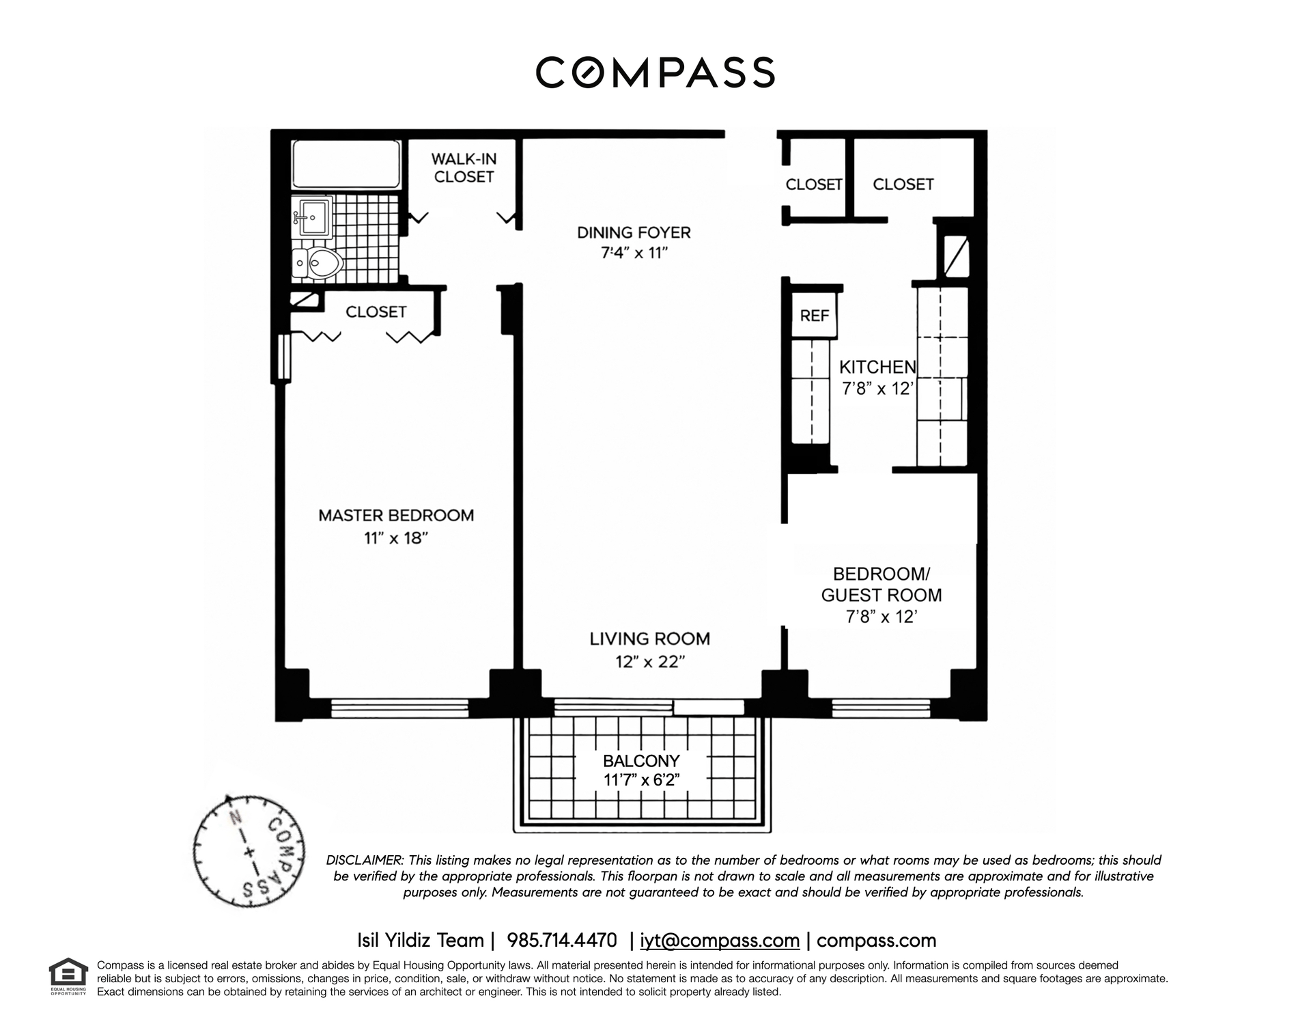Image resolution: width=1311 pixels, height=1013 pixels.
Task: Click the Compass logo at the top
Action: tap(655, 72)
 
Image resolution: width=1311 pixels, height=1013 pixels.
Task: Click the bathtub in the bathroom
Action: tap(346, 164)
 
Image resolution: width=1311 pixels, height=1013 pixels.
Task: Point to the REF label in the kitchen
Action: tap(815, 316)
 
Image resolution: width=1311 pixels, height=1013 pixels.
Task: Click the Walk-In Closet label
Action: tap(464, 167)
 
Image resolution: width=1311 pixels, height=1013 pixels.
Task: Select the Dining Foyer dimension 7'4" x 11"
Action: tap(634, 253)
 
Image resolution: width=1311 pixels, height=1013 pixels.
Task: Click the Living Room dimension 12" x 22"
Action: tap(649, 661)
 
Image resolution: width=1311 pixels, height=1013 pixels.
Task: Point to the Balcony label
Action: tap(641, 761)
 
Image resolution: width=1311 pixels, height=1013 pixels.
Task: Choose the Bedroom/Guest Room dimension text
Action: tap(881, 617)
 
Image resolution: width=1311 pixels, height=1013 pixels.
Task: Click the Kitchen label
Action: tap(877, 367)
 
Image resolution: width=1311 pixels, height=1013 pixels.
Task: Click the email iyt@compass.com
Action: tap(720, 941)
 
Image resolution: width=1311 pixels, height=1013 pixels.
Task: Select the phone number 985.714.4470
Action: tap(562, 941)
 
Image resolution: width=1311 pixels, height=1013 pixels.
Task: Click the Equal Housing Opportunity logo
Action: tap(68, 977)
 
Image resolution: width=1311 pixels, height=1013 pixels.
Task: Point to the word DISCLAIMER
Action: tap(365, 860)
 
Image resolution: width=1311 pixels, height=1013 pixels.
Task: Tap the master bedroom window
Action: tap(399, 708)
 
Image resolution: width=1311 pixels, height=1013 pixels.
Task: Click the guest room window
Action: tap(881, 708)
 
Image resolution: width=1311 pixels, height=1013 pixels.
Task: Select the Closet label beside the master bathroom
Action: tap(376, 311)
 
